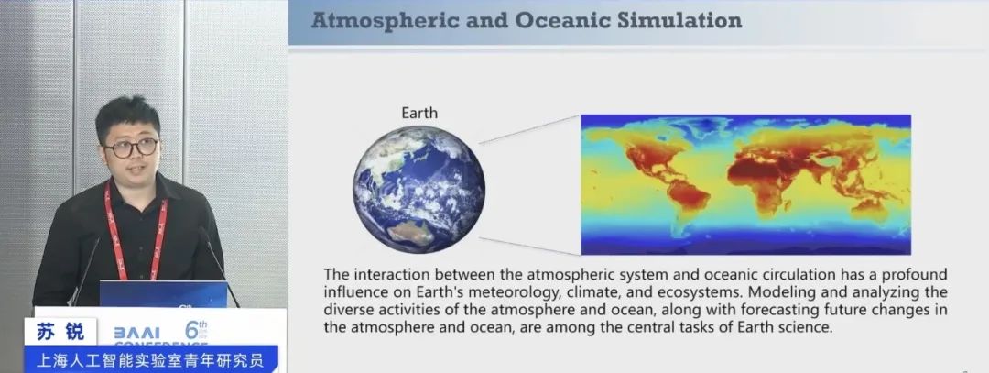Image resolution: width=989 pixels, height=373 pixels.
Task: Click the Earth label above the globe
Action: pos(418,113)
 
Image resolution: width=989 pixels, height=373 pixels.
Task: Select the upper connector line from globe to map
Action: pos(529,130)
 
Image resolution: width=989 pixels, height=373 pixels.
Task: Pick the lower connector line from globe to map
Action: pos(529,247)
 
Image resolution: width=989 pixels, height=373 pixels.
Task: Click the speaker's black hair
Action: pos(129,116)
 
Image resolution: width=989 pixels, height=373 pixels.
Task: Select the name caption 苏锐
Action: pos(60,332)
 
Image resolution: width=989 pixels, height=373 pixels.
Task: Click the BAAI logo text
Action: pos(136,333)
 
